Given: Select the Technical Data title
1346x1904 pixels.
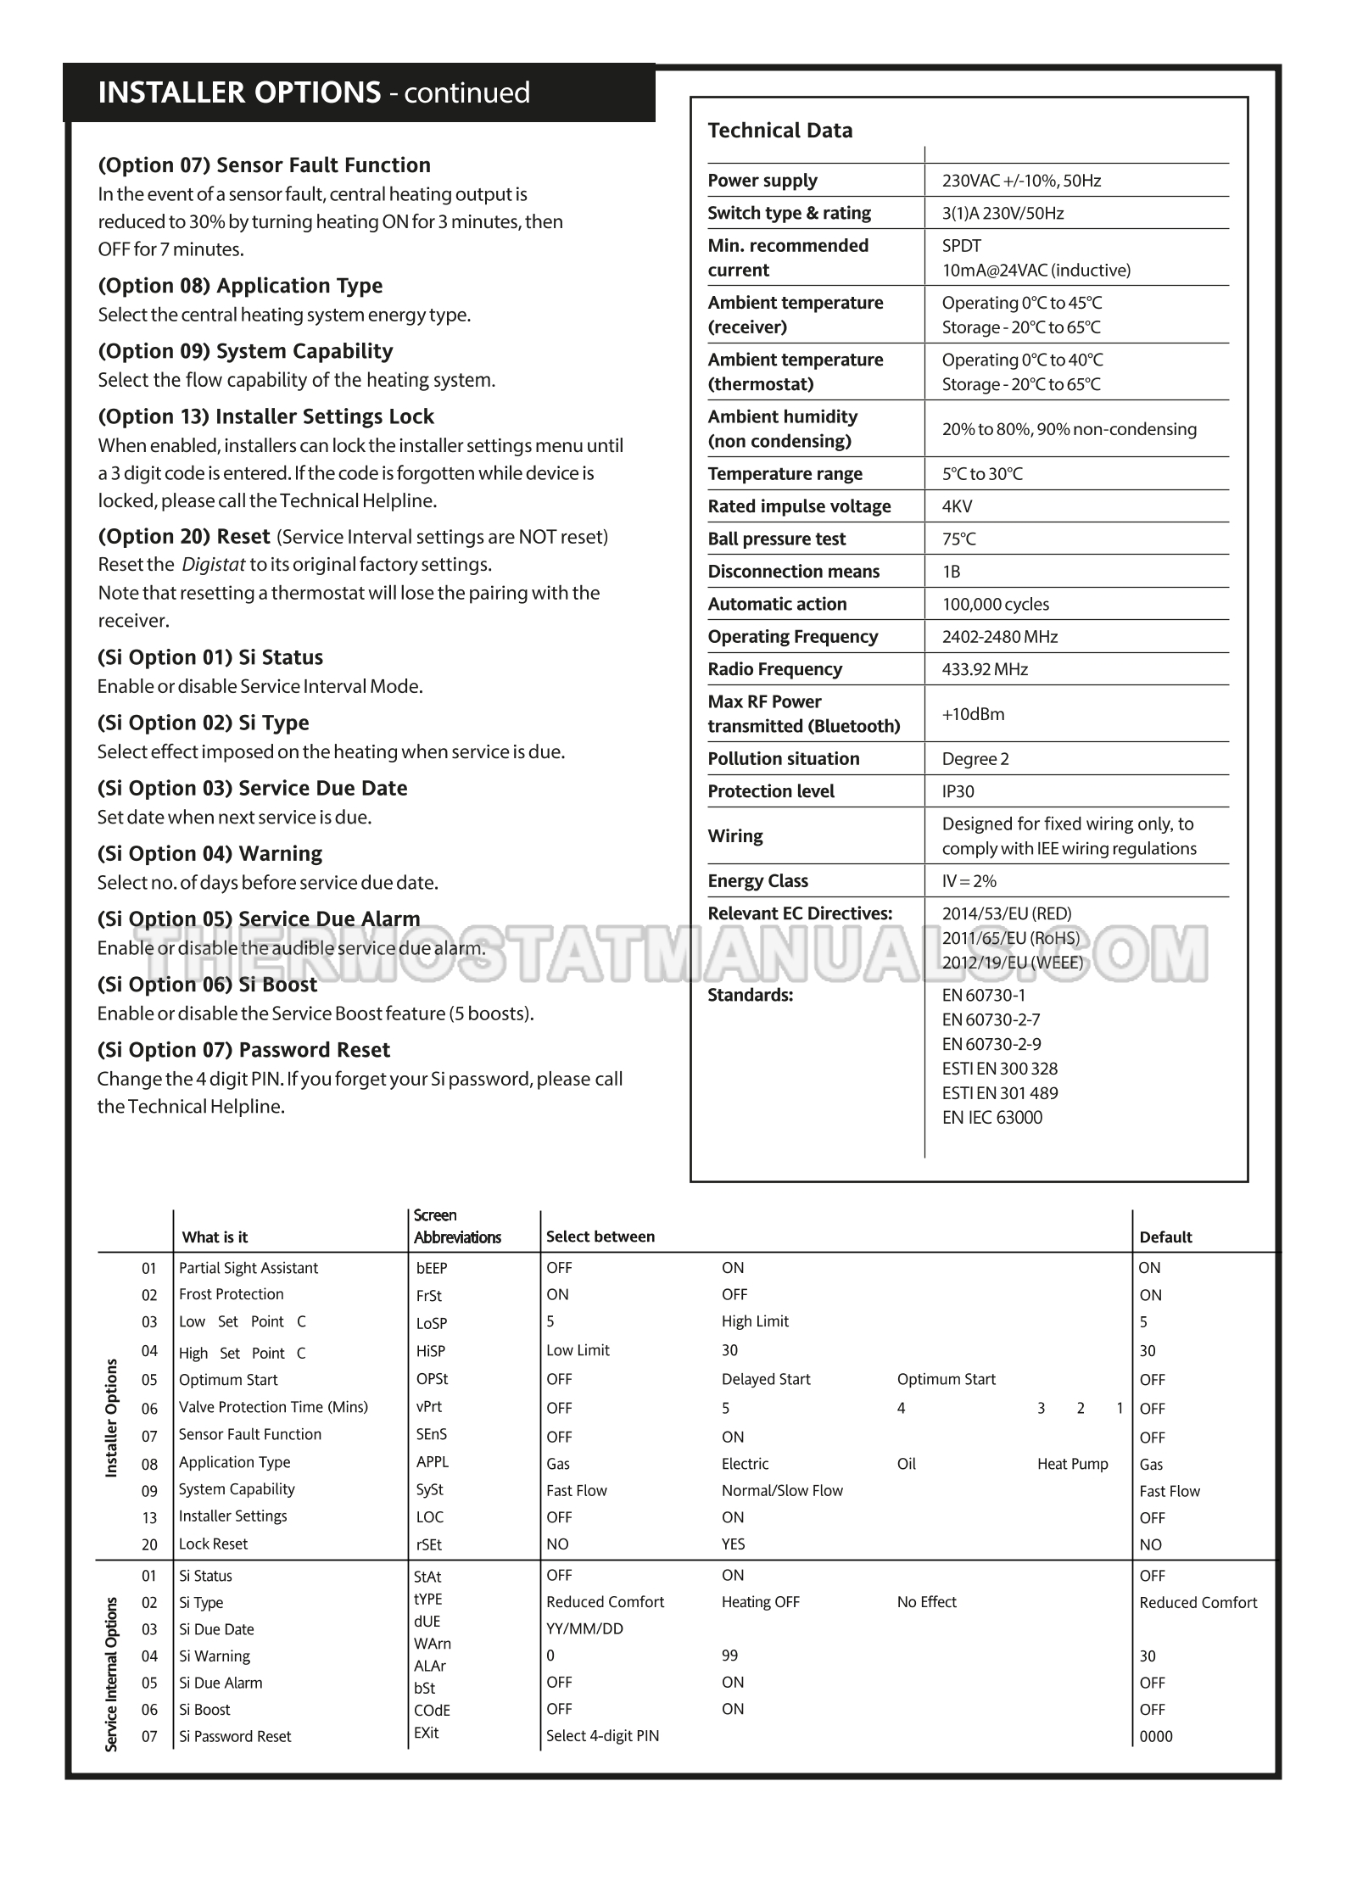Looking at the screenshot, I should click(779, 131).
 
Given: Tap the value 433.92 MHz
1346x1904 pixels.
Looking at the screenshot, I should click(985, 669).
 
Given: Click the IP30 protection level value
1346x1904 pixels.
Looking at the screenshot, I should click(958, 791).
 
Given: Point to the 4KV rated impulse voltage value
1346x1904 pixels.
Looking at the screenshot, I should click(957, 506).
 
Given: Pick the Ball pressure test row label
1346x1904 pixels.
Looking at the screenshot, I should click(776, 539).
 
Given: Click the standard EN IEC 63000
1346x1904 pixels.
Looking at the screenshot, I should click(991, 1117).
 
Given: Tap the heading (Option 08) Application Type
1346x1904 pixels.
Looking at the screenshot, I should click(240, 286).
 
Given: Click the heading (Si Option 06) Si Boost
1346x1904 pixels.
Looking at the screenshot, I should click(207, 985).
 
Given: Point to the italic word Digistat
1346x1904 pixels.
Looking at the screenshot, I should click(214, 565).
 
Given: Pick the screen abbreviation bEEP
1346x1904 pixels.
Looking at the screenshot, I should click(432, 1268).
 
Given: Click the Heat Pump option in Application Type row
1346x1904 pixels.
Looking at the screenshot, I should click(1072, 1464).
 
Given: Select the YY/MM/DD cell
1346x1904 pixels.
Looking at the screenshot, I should click(584, 1628).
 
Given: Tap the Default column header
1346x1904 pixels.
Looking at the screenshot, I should click(1165, 1237).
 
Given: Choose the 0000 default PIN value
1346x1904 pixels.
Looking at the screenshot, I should click(1155, 1736).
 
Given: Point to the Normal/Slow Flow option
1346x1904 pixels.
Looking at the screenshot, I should click(782, 1490).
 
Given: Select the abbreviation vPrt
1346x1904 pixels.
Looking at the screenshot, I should click(429, 1406).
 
